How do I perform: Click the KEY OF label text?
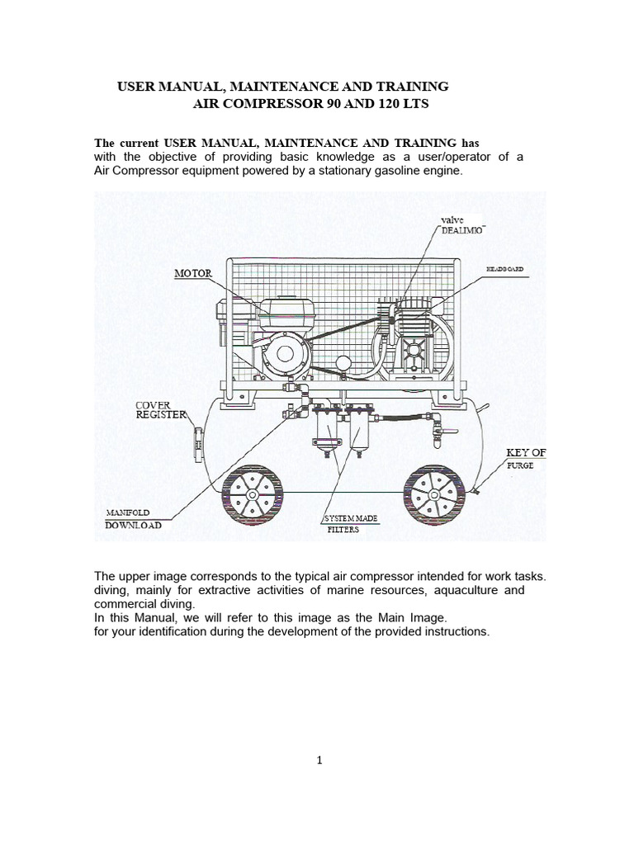pos(526,453)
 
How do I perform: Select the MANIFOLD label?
pos(127,512)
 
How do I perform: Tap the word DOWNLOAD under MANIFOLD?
pos(133,525)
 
